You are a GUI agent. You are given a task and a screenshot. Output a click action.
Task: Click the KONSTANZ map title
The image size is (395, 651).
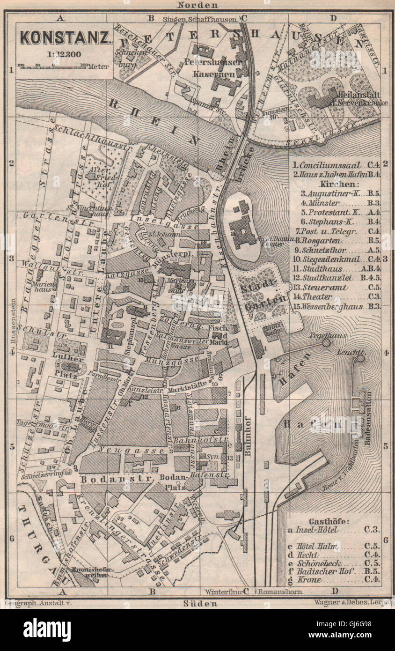65,37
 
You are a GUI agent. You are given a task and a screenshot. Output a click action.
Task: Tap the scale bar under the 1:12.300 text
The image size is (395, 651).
52,66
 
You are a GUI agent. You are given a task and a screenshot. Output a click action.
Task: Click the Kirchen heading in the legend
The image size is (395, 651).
335,184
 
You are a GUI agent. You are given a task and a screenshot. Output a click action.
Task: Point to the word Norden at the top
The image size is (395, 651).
197,5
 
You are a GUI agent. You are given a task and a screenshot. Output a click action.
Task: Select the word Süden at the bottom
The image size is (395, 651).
197,603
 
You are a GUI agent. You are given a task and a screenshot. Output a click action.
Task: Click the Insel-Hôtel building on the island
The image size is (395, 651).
243,230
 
